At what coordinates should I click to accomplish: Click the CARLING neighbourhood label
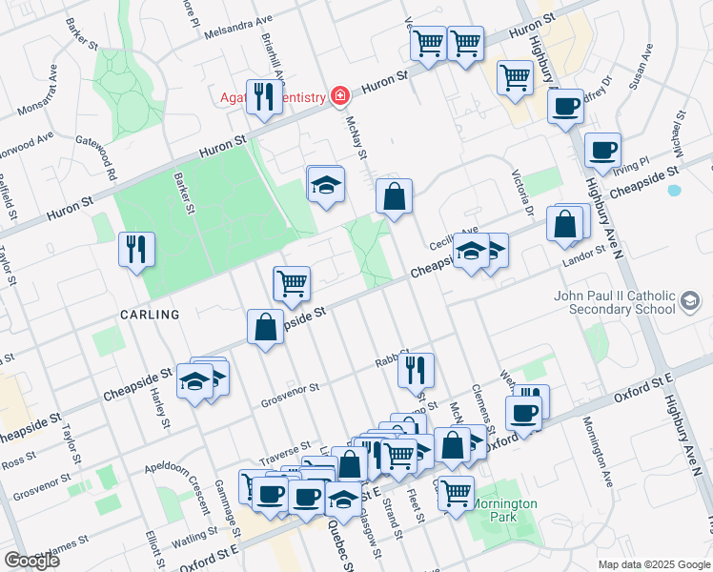click(150, 315)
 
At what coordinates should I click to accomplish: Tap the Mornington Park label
click(508, 510)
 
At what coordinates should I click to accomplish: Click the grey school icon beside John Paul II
click(689, 302)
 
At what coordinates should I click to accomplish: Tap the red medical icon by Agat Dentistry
click(337, 95)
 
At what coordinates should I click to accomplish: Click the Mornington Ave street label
click(601, 448)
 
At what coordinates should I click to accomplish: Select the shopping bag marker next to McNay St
click(394, 197)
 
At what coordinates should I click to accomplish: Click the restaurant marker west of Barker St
click(135, 250)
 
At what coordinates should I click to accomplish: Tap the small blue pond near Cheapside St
click(675, 190)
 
